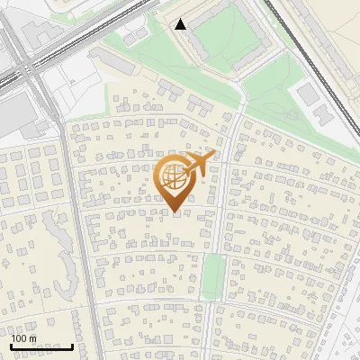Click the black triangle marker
(x=181, y=24)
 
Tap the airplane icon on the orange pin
(x=199, y=164)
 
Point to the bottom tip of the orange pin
(x=175, y=212)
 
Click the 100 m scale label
(x=24, y=338)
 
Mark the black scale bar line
(x=41, y=346)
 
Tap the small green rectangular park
(x=212, y=275)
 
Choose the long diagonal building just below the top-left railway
(x=112, y=62)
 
